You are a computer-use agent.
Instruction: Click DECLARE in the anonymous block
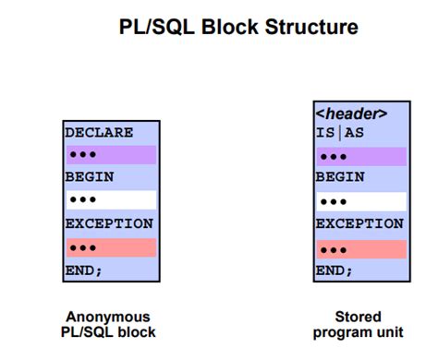pos(99,133)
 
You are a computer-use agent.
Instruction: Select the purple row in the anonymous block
pos(111,155)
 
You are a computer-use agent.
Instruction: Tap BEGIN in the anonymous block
pos(88,177)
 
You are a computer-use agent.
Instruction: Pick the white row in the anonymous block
pos(111,200)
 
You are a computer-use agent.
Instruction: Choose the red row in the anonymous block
pos(111,247)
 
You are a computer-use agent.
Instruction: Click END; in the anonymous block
pos(83,270)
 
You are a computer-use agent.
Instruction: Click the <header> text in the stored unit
pos(350,115)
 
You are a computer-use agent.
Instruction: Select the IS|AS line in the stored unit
pos(340,135)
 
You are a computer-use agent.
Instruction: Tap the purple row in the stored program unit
pos(360,156)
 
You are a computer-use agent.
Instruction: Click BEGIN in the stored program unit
pos(339,178)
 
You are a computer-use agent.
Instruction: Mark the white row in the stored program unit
pos(360,201)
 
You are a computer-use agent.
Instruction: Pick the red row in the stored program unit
pos(360,249)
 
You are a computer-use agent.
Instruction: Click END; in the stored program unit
pos(335,271)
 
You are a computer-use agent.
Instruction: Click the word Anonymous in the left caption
pos(108,317)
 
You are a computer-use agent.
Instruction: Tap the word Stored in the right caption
pos(358,317)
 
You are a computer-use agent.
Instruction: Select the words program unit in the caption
pos(359,332)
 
